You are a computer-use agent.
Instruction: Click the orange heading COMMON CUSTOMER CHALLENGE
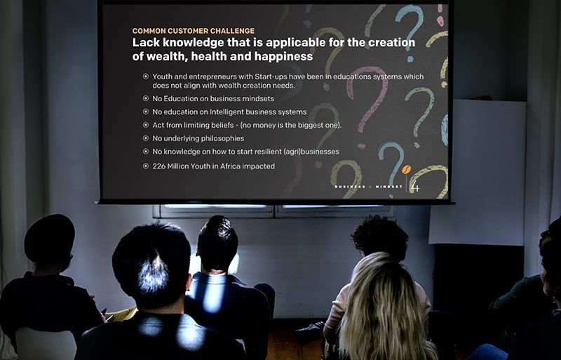point(194,31)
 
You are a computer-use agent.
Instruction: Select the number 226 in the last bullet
point(158,166)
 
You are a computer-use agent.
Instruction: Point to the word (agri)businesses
point(311,152)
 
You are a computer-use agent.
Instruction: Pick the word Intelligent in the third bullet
point(227,112)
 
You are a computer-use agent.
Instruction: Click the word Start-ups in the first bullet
point(271,76)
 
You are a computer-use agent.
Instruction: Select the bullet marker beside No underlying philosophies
point(146,138)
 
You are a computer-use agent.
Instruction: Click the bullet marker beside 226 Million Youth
point(146,166)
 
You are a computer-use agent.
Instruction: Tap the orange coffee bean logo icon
point(406,169)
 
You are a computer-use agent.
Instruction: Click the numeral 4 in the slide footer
point(415,186)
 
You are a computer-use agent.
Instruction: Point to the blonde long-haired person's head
point(382,283)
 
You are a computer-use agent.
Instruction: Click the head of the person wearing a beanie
point(49,240)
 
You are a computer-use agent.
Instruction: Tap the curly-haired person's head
point(380,236)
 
